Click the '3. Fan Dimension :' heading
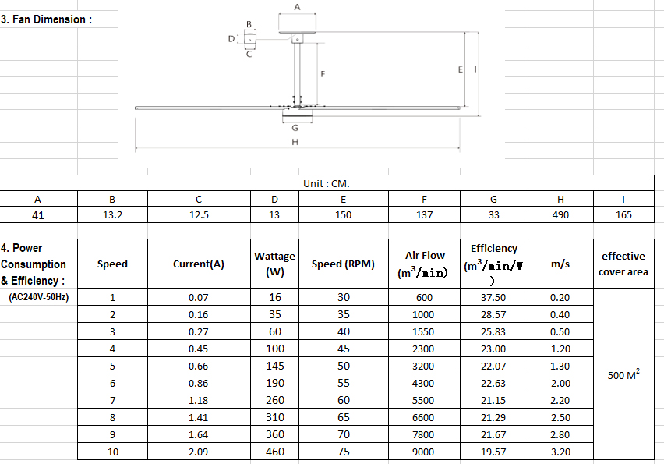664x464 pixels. tap(46, 19)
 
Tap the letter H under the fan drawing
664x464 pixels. tap(295, 142)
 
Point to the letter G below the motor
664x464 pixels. tap(295, 128)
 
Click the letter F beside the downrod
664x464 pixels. tap(323, 74)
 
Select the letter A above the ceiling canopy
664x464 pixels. tap(297, 7)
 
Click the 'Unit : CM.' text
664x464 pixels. tap(326, 183)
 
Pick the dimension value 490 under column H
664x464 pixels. tap(560, 214)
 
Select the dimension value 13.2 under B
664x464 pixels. tap(112, 214)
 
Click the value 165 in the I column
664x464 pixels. tap(623, 214)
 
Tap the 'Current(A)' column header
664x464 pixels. tap(199, 264)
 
